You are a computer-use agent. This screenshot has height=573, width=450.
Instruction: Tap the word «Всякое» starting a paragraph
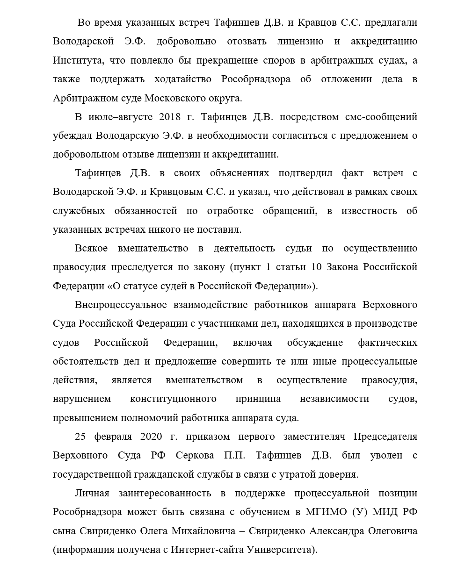pyautogui.click(x=93, y=249)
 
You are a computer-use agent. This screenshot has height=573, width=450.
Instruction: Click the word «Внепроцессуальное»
pyautogui.click(x=121, y=305)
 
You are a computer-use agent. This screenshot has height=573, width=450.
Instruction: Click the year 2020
pyautogui.click(x=151, y=437)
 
